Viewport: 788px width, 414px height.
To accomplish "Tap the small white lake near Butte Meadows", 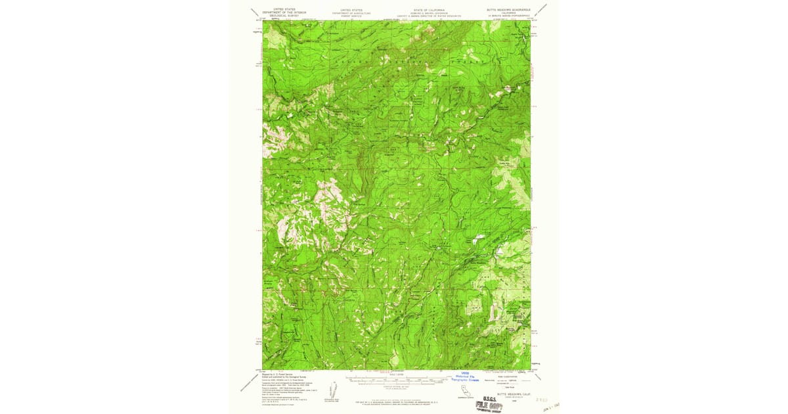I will (x=499, y=251).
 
